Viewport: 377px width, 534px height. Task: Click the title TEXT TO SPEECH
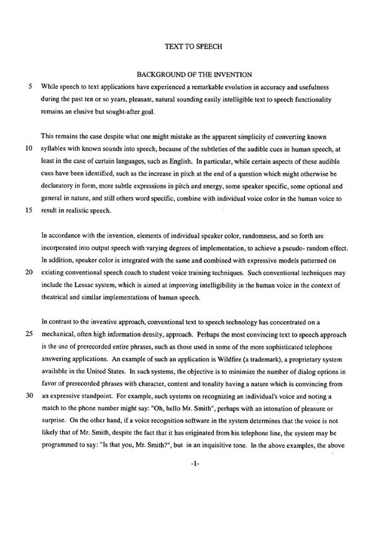(189, 46)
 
